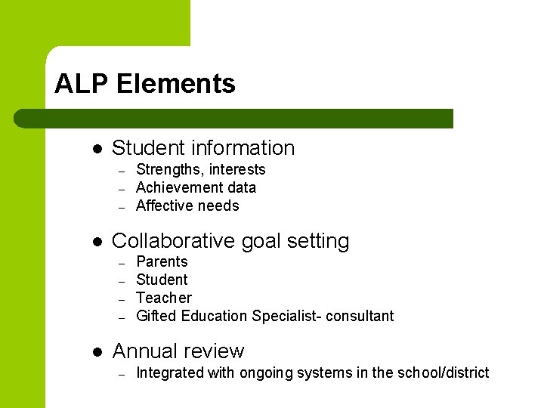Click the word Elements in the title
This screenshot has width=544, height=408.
click(176, 84)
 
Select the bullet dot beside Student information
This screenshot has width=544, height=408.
click(96, 149)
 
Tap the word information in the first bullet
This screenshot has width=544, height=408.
click(243, 148)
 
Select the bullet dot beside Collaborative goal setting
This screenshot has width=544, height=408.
click(96, 242)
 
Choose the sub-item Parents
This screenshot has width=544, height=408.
click(162, 261)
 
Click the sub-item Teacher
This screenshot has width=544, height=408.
click(164, 298)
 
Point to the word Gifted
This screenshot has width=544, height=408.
click(153, 316)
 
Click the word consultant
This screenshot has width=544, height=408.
click(361, 316)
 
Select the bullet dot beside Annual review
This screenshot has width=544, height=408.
click(96, 352)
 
